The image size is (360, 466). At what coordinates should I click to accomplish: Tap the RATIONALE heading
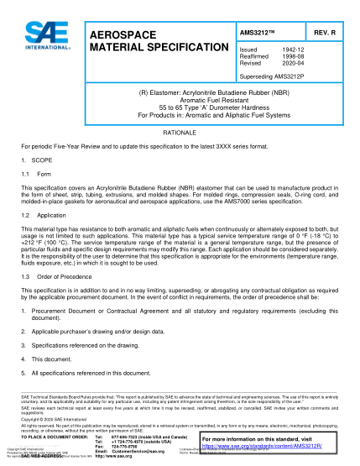point(179,133)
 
